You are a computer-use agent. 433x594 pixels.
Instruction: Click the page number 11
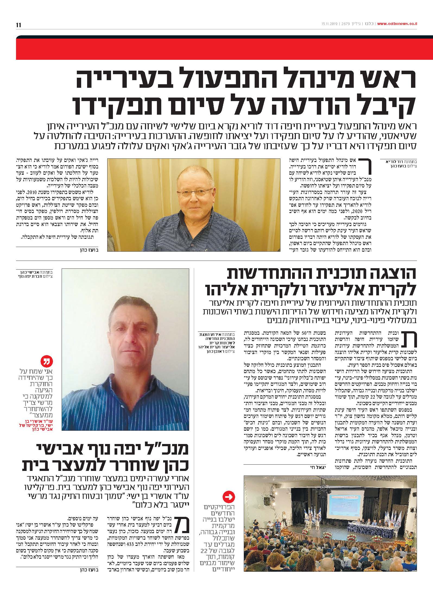coord(18,25)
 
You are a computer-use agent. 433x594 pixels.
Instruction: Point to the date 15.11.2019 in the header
coord(328,24)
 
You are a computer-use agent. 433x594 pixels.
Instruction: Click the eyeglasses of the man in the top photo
coord(193,194)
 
